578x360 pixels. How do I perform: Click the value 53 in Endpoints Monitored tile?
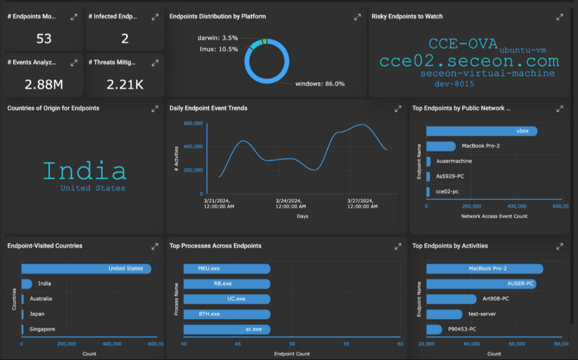(x=44, y=38)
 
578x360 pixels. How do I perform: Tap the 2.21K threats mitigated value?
(x=125, y=85)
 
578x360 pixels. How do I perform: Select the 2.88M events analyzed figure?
(x=44, y=85)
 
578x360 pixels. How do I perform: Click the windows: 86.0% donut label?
(x=320, y=84)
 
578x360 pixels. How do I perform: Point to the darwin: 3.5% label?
(x=217, y=38)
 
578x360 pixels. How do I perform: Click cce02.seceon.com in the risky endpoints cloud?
(x=469, y=61)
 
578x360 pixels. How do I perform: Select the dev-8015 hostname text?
(x=454, y=84)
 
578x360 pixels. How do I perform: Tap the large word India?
(x=84, y=171)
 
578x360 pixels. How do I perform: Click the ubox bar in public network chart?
(x=481, y=131)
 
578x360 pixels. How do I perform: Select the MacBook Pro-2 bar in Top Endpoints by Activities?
(x=484, y=269)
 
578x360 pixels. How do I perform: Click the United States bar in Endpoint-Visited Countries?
(x=86, y=269)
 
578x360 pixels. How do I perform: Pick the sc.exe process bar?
(x=227, y=329)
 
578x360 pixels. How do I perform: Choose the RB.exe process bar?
(x=227, y=284)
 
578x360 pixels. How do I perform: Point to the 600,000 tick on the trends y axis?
(x=193, y=123)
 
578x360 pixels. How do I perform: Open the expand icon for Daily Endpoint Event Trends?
(x=398, y=109)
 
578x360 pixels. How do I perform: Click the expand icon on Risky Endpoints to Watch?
(x=560, y=17)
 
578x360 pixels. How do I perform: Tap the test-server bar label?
(x=482, y=314)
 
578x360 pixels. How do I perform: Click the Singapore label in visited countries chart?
(x=42, y=329)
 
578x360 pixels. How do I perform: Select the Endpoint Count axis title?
(x=291, y=354)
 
